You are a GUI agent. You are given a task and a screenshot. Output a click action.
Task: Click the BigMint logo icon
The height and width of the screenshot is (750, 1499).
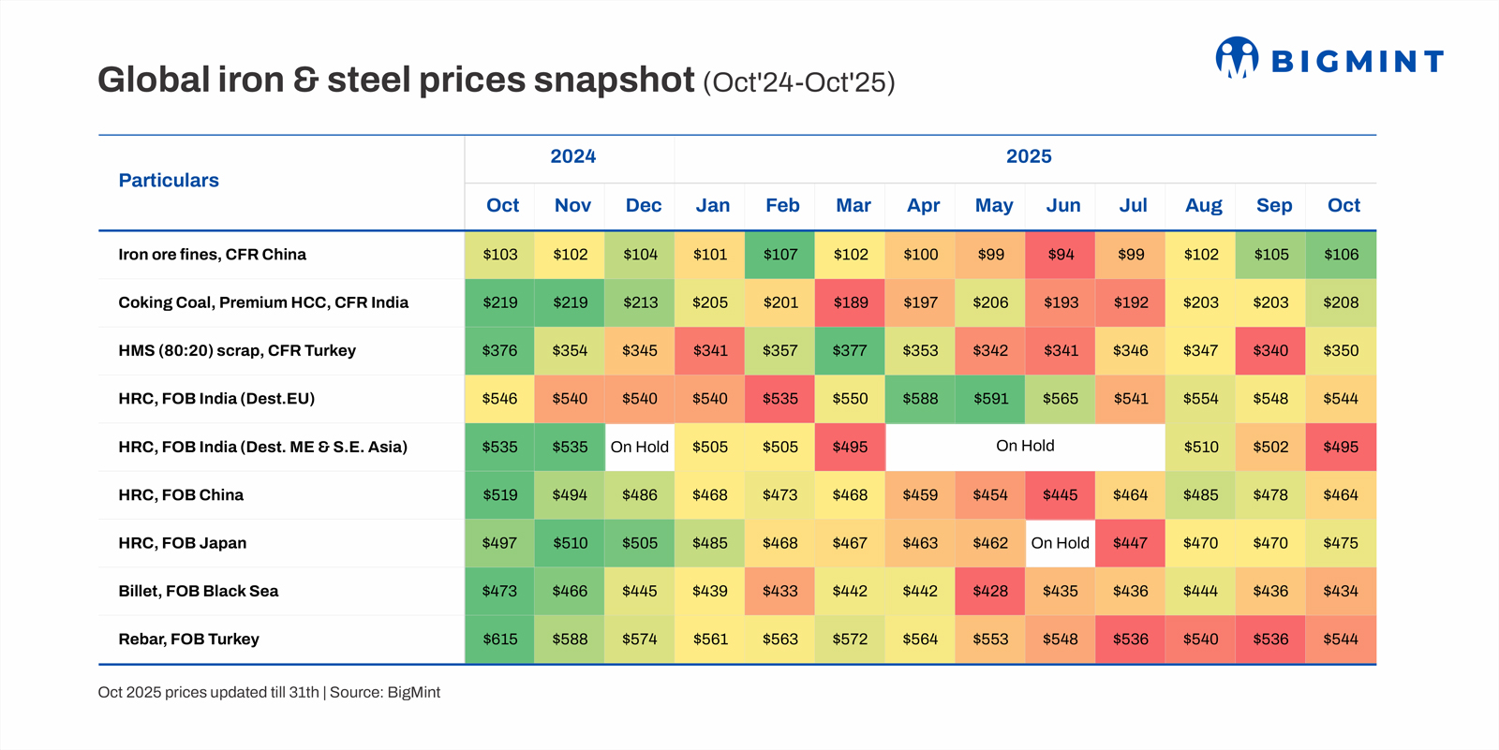(x=1237, y=58)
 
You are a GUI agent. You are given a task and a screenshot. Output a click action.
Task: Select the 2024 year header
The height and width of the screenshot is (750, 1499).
(x=572, y=156)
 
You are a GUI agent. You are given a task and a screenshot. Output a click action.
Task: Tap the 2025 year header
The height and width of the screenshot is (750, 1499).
(x=1029, y=156)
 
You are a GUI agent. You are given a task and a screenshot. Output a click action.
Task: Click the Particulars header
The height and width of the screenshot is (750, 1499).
(x=169, y=181)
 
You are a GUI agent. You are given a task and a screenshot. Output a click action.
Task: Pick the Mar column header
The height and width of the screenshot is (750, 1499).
(x=853, y=205)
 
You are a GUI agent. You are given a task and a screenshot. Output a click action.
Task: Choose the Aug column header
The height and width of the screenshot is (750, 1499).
(x=1203, y=205)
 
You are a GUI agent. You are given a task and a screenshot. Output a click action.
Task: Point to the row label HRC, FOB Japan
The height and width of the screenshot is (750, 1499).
(x=182, y=543)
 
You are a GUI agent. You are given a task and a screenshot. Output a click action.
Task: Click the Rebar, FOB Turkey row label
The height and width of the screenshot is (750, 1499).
(x=188, y=640)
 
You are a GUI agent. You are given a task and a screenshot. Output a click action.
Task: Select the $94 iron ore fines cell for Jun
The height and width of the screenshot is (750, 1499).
(x=1061, y=255)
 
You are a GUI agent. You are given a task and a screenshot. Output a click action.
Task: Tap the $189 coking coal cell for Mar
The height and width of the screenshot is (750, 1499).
(x=851, y=302)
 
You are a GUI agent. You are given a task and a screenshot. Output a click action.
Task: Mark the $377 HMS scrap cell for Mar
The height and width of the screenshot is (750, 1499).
(x=851, y=350)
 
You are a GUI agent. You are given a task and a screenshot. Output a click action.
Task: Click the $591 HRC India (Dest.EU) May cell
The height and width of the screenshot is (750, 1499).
(x=990, y=399)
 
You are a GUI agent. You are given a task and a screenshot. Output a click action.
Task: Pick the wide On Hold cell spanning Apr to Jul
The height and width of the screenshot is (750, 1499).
(x=1025, y=447)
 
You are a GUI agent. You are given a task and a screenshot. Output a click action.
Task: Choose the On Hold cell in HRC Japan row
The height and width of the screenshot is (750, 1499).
(x=1060, y=543)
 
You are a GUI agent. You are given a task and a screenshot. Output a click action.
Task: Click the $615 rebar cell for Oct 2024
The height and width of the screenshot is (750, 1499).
(x=499, y=640)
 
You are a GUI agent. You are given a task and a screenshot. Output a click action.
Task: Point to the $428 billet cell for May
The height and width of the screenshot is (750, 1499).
(x=990, y=591)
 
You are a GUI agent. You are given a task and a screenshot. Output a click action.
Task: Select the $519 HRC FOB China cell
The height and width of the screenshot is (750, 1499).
(x=499, y=495)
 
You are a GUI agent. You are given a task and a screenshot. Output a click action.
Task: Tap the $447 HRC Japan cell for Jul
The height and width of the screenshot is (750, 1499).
(x=1130, y=543)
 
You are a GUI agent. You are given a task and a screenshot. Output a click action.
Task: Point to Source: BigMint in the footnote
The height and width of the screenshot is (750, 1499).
(x=385, y=693)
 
